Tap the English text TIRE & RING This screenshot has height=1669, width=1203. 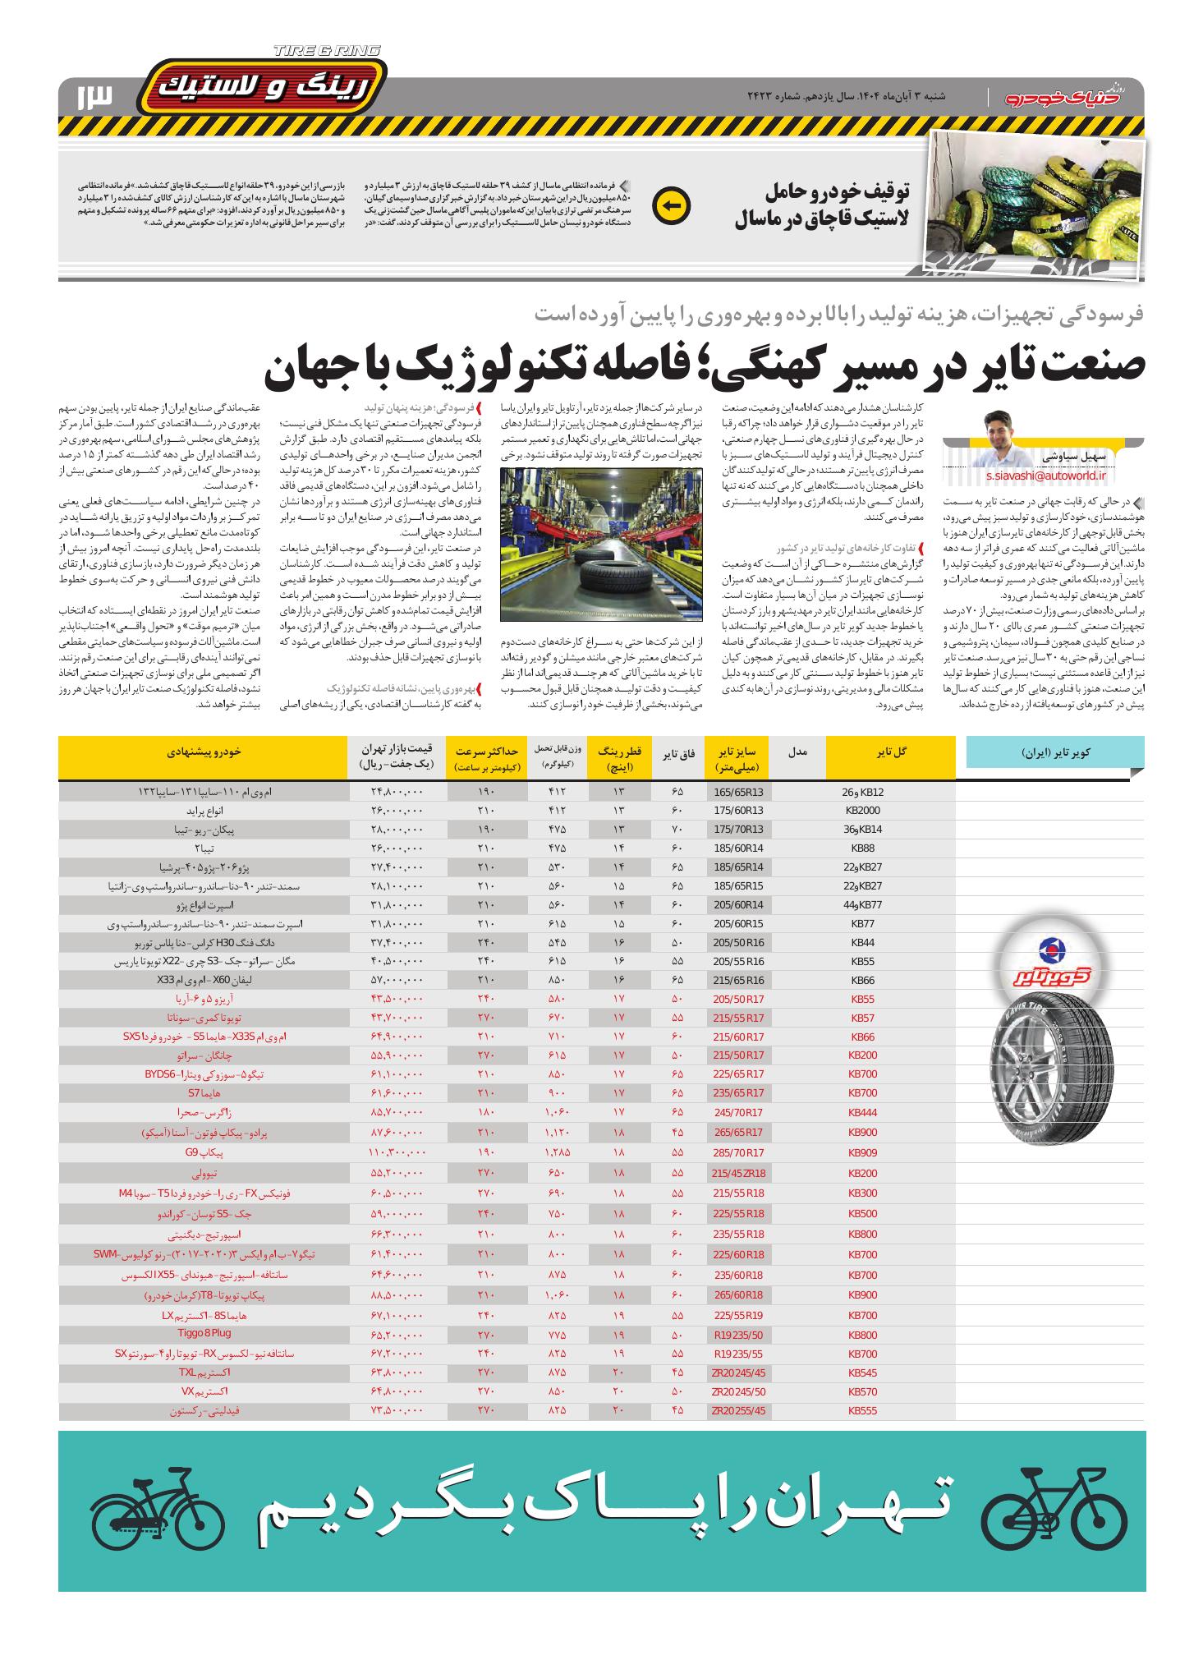326,51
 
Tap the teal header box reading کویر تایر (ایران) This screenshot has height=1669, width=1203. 1055,752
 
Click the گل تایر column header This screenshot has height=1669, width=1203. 892,751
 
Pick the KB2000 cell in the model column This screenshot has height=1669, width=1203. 863,811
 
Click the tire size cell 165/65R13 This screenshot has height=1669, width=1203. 738,793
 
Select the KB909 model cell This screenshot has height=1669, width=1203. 863,1152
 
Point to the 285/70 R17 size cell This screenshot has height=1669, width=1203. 738,1152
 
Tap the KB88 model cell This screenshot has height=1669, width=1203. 863,848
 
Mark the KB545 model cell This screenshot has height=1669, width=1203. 863,1372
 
